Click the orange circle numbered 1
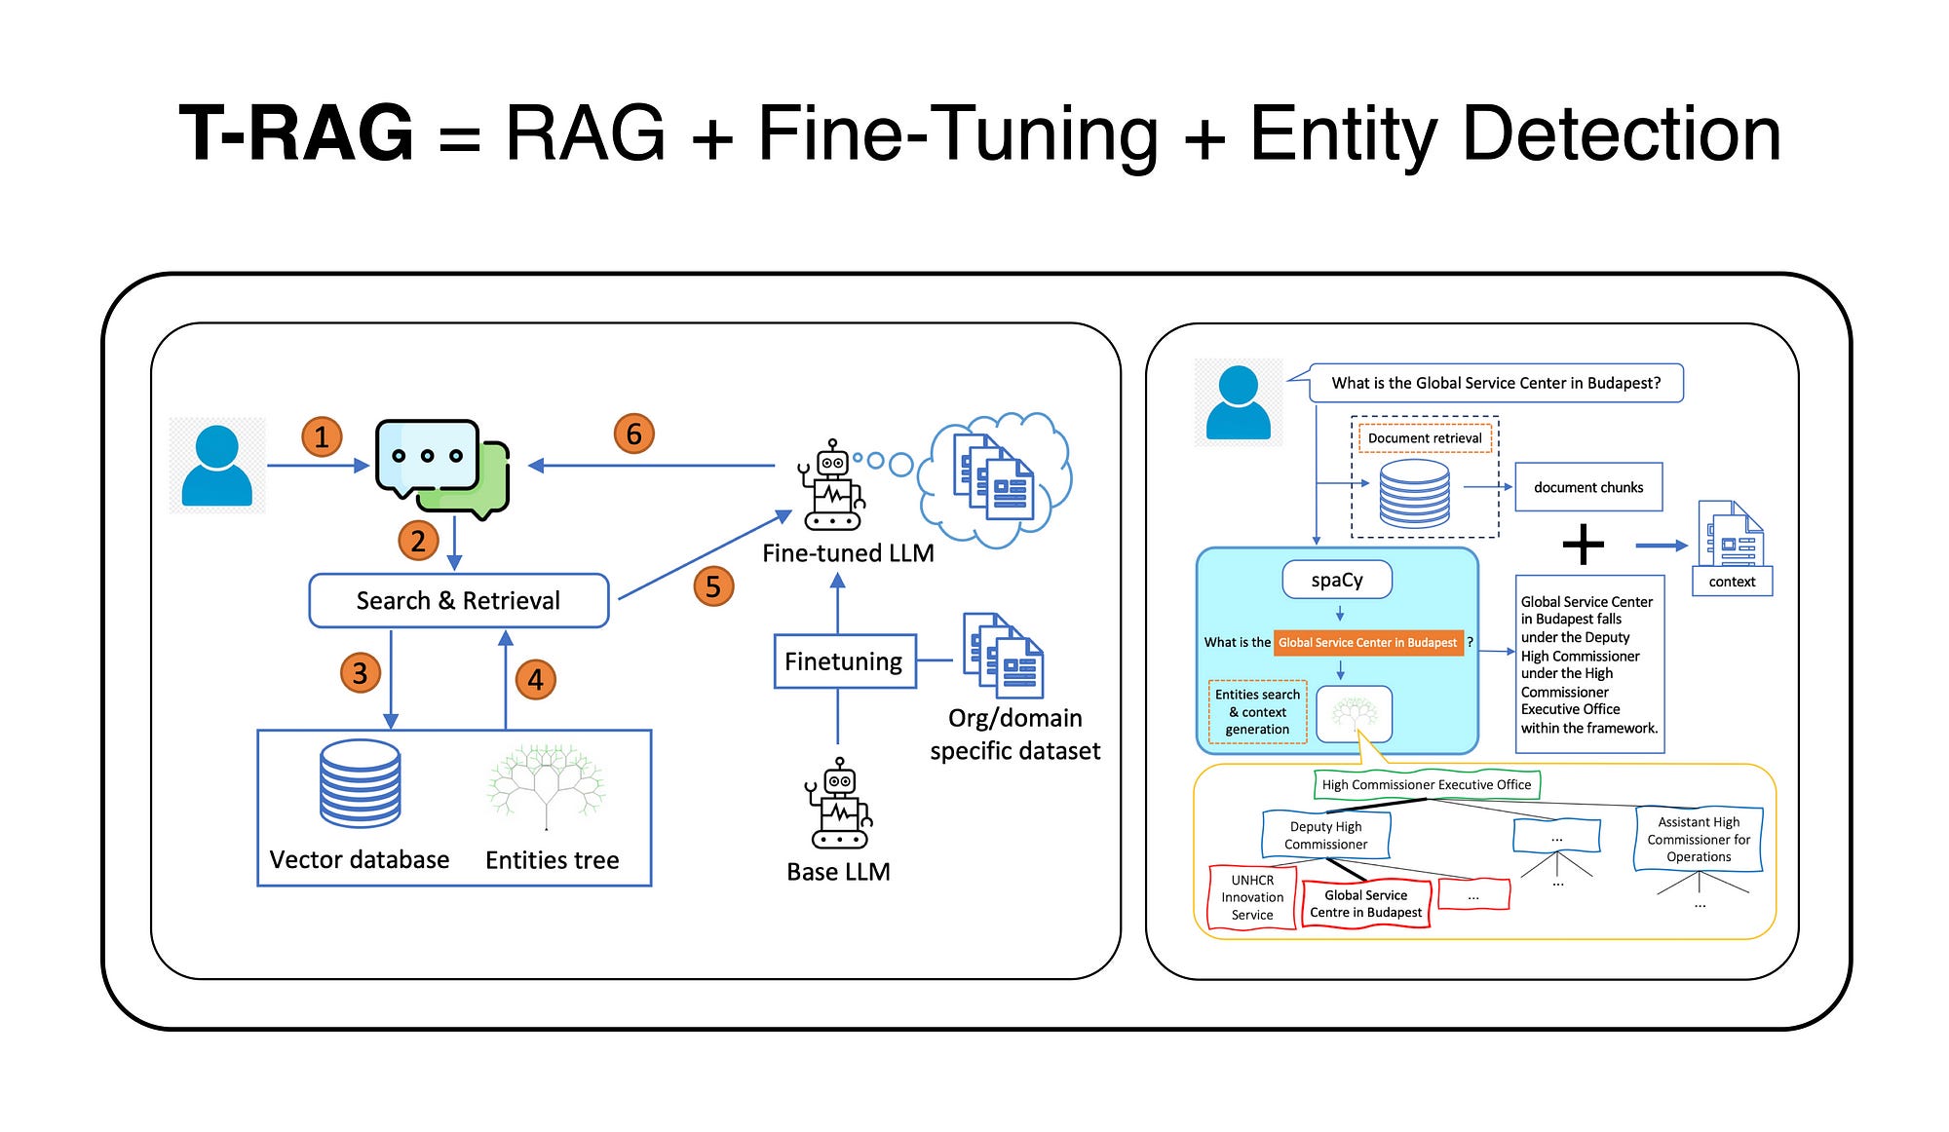coord(322,436)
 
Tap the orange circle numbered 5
coord(713,586)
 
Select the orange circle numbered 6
coord(633,434)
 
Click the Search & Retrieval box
coord(458,600)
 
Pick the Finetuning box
coord(844,661)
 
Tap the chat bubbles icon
coord(442,469)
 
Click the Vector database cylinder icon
coord(360,783)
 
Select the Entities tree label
coord(552,860)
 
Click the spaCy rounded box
coord(1336,580)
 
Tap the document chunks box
coord(1587,487)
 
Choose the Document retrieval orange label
coord(1424,438)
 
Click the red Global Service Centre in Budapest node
coord(1365,904)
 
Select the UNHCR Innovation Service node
coord(1252,897)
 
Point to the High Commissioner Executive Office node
coord(1426,784)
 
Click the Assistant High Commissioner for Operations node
coord(1698,839)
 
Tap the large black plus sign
coord(1583,545)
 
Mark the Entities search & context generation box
coord(1257,712)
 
